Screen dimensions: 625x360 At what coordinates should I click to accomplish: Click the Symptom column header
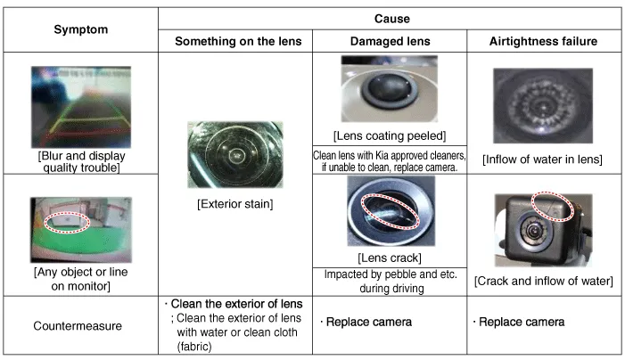81,29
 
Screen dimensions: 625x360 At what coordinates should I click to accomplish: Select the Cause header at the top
391,19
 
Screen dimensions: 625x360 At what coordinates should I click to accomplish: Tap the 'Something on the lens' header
238,41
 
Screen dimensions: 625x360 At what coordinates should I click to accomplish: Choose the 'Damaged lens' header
391,41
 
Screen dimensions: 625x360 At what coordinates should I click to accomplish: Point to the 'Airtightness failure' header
543,41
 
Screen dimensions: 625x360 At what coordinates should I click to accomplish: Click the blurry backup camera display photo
81,107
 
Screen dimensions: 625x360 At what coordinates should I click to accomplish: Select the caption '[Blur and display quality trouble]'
81,161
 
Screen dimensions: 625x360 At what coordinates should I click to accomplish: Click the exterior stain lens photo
235,154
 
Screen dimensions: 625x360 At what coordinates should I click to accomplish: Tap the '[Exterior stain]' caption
235,204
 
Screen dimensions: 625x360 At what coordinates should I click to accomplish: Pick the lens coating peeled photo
389,89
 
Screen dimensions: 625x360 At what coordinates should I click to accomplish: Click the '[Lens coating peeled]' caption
390,135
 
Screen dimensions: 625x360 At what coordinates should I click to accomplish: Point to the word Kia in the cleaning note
382,155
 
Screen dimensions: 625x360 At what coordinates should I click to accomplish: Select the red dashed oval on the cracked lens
391,211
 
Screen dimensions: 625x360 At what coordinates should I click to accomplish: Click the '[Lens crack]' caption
390,258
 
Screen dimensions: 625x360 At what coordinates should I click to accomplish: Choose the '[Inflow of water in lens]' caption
542,160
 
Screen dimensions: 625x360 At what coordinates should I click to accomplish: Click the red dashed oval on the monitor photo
67,222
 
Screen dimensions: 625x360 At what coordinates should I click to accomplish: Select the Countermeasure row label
78,326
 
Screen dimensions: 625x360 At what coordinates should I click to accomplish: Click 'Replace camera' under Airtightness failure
522,322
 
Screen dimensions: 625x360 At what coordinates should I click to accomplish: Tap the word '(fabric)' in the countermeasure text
194,347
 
